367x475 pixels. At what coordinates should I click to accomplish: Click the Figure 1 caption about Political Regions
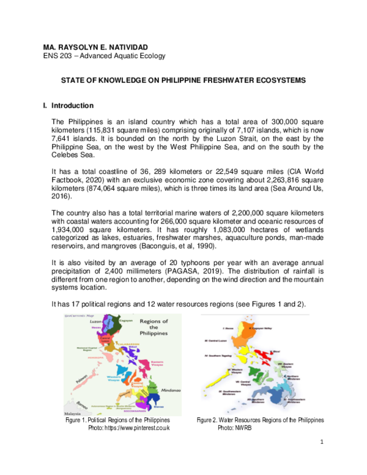click(118, 421)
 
